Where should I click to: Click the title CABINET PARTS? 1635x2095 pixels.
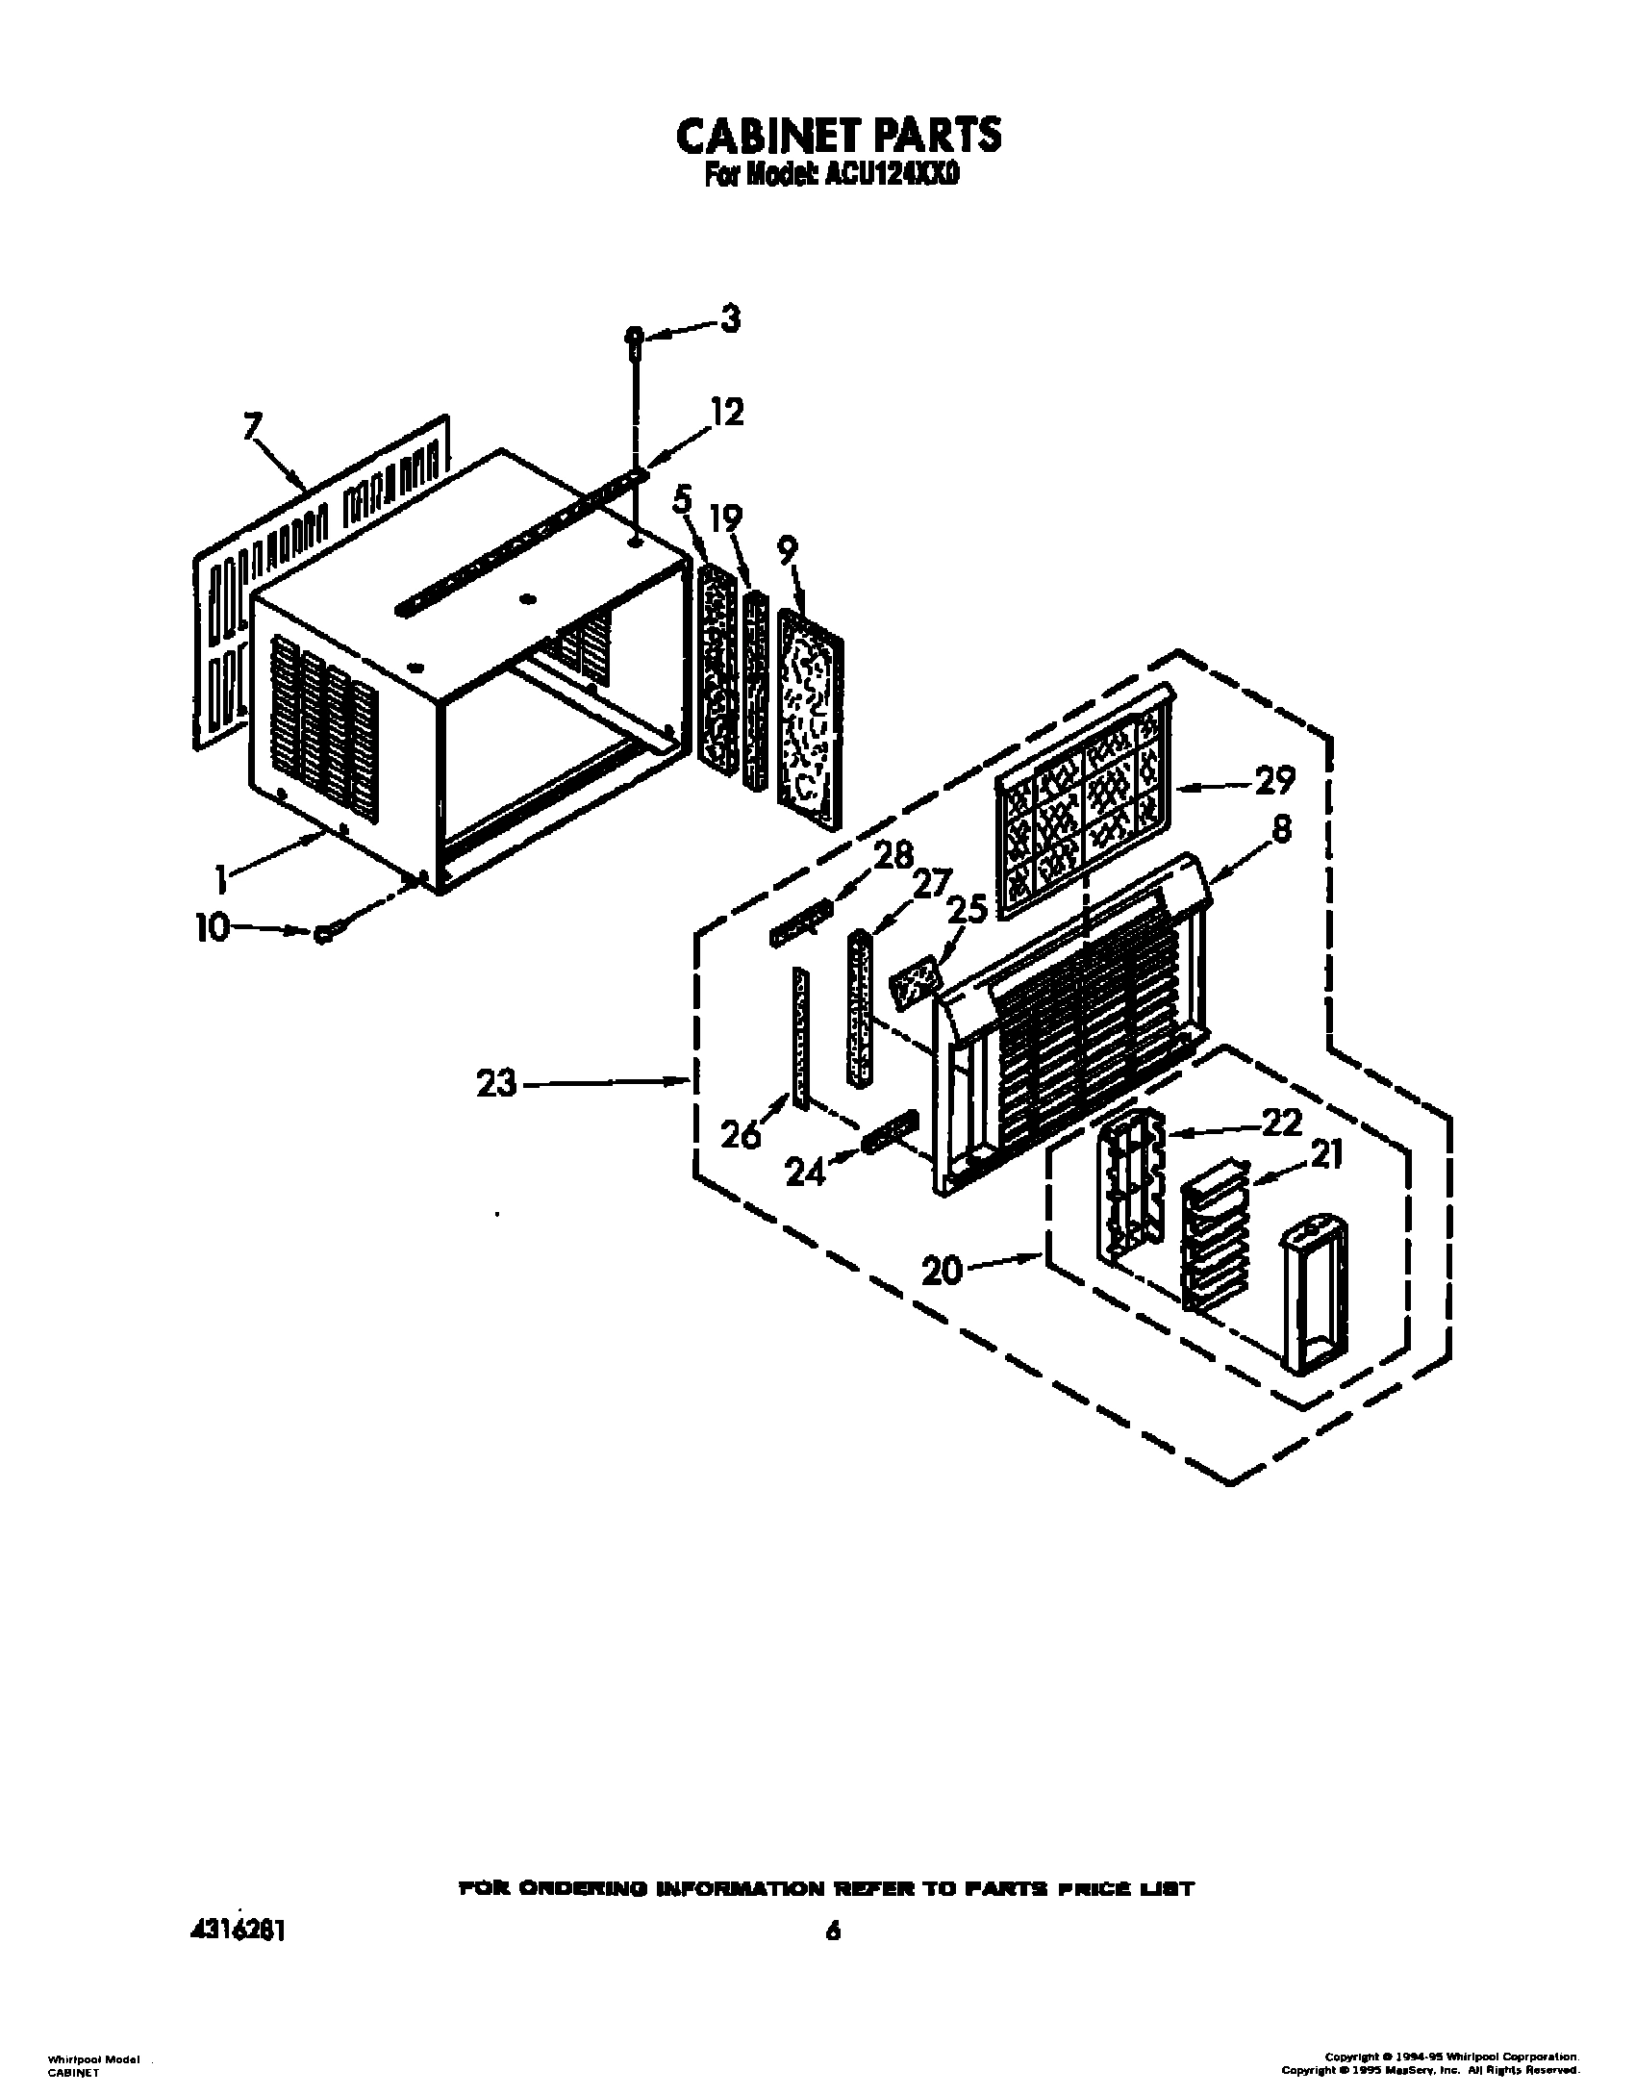pos(838,136)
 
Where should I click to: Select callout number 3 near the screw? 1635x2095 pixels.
pos(730,318)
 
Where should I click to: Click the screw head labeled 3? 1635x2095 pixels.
pos(634,336)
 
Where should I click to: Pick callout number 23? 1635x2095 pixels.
pos(497,1084)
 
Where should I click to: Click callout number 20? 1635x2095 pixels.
pos(943,1271)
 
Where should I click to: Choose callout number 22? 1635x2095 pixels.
pos(1281,1123)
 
